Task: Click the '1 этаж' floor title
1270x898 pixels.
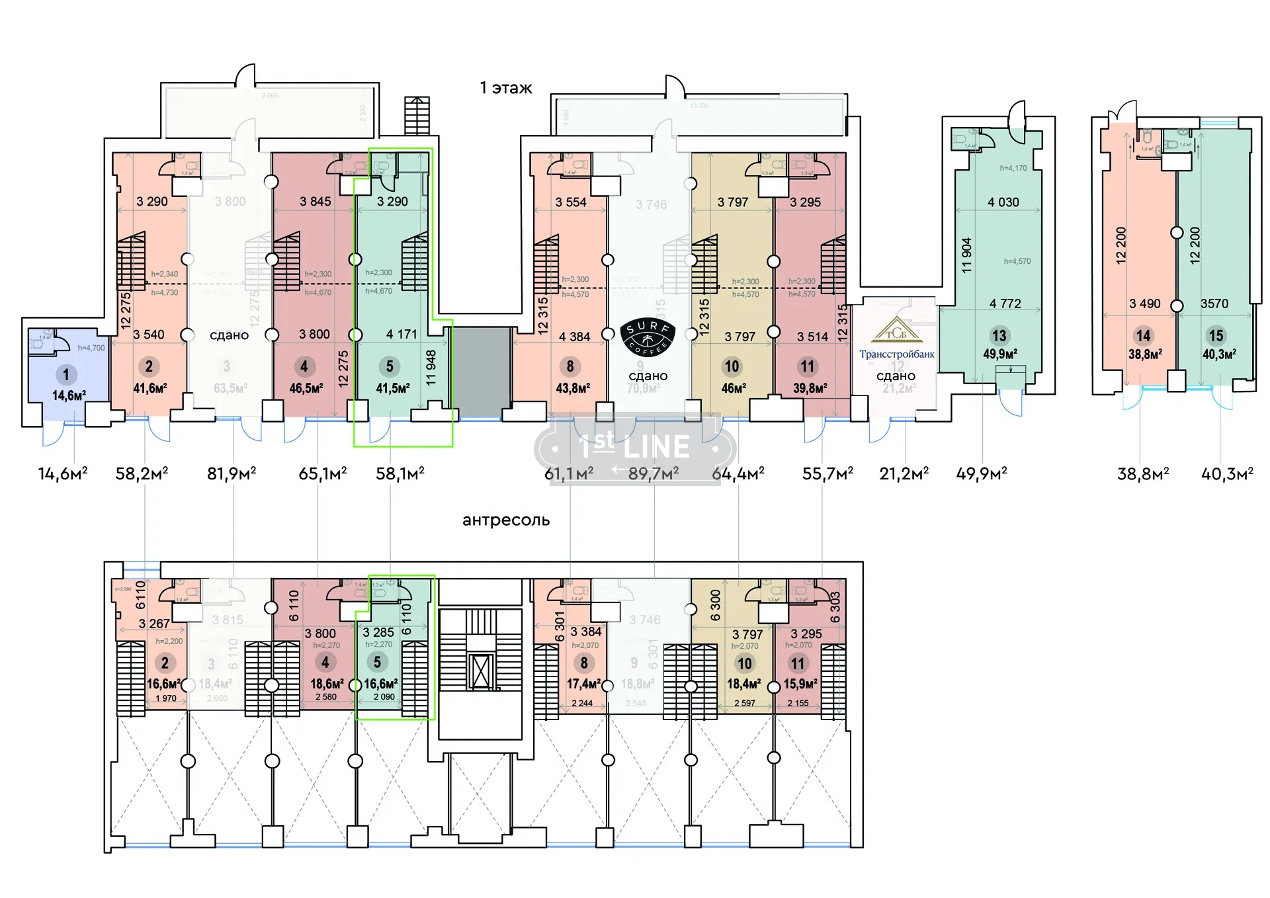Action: tap(506, 88)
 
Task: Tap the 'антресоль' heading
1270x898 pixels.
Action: tap(506, 520)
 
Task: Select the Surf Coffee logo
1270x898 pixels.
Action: tap(648, 338)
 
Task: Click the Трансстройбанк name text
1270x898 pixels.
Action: tap(896, 354)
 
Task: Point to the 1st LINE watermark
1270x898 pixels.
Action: tap(635, 448)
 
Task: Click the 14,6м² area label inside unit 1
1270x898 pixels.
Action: tap(69, 395)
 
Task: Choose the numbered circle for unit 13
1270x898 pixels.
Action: tap(999, 335)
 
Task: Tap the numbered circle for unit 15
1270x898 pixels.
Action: tap(1216, 335)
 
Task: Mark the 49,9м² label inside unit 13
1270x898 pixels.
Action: tap(999, 354)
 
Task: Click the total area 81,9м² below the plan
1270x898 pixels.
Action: tap(232, 473)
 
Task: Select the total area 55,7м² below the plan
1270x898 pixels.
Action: tap(827, 473)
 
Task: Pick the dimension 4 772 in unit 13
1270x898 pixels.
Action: tap(1005, 304)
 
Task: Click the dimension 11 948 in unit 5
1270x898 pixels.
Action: tap(431, 368)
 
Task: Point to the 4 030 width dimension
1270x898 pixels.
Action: tap(1003, 202)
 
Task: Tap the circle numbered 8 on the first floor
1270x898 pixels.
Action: tap(570, 366)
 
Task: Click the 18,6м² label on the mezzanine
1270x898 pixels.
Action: tap(327, 683)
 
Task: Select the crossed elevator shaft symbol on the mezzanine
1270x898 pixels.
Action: tap(481, 671)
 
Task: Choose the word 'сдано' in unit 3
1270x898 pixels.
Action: tap(229, 335)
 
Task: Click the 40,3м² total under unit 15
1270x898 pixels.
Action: tap(1227, 473)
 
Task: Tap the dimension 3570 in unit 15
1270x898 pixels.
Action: tap(1214, 304)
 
